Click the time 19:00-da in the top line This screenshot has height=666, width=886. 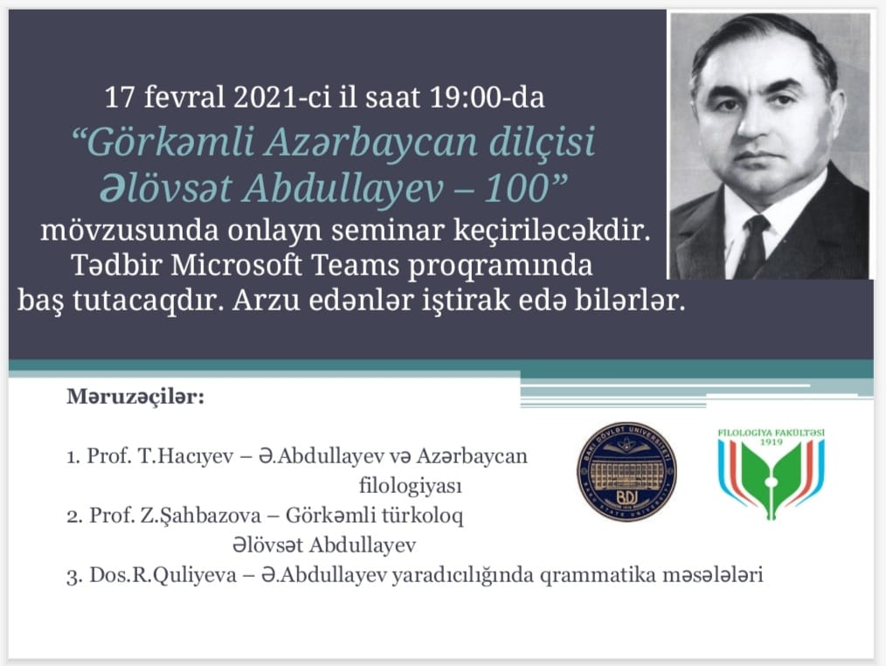[x=487, y=97]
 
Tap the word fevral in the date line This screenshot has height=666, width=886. [x=184, y=97]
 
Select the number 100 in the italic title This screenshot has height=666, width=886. [x=517, y=188]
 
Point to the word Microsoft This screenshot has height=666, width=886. [x=236, y=265]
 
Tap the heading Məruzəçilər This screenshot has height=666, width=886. [x=135, y=396]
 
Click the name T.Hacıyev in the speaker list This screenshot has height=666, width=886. [x=186, y=455]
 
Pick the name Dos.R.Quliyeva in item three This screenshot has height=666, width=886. [x=163, y=575]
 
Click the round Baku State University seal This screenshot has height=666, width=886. [x=626, y=470]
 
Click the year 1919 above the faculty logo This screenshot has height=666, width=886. [x=771, y=442]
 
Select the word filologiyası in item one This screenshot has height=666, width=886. [x=410, y=486]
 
